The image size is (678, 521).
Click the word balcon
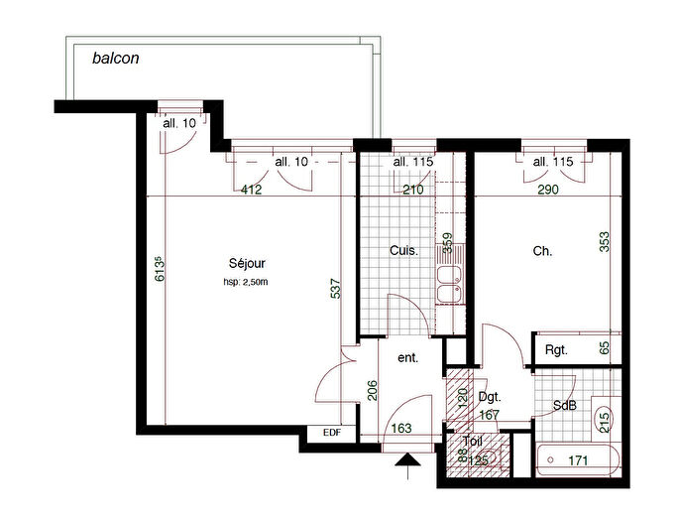[116, 58]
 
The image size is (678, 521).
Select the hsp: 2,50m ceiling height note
[246, 282]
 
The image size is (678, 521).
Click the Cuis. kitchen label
[404, 252]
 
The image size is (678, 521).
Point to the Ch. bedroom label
[542, 252]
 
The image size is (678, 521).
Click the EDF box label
[330, 433]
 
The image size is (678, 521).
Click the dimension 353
[604, 243]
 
